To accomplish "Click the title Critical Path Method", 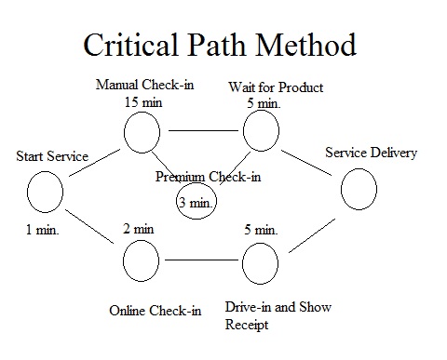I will [x=219, y=45].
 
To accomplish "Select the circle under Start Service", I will [x=45, y=193].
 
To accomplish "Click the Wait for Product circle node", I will [x=262, y=132].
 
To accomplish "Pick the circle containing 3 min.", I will [x=197, y=200].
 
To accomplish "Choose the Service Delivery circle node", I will [x=358, y=192].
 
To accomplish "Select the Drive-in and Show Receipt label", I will [x=277, y=315].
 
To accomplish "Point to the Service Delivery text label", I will [x=371, y=153].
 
